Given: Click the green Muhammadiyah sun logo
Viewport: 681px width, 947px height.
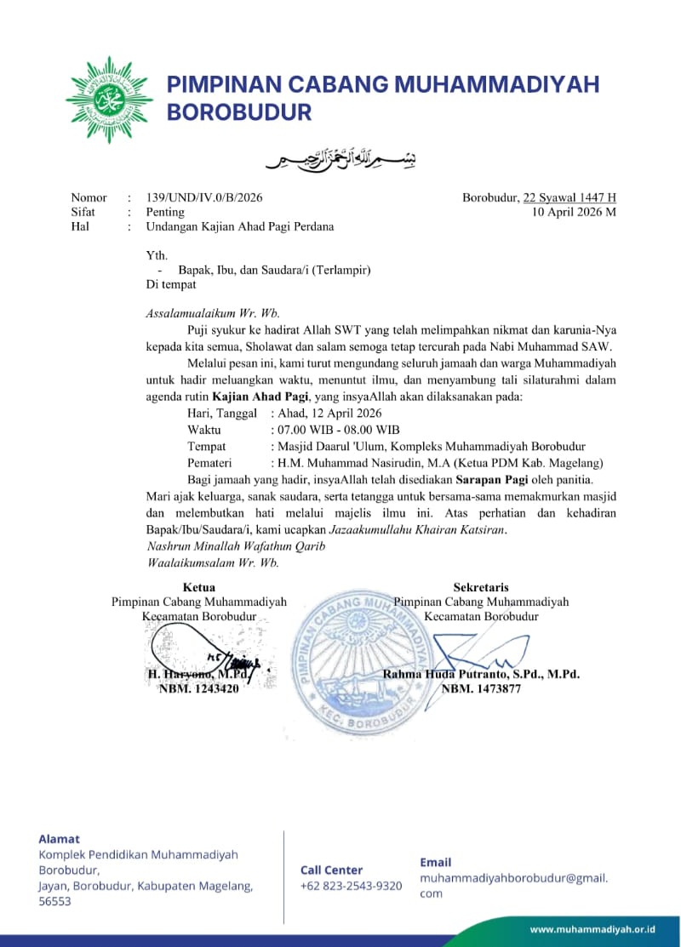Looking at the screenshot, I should point(109,100).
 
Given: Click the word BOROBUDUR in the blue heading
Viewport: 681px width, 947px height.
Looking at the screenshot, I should point(239,112).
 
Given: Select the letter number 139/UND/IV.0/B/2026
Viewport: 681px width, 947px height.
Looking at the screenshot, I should point(204,197).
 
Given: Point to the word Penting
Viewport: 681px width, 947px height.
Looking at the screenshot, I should point(165,212).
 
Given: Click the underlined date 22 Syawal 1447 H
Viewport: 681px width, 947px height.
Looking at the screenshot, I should point(569,197).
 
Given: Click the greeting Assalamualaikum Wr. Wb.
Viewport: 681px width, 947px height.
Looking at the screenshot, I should point(213,313).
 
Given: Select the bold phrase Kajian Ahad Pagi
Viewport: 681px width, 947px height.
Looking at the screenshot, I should point(261,396).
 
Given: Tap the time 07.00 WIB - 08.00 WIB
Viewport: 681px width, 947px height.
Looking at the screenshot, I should point(335,430).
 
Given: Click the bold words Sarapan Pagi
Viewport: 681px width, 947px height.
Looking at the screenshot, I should point(495,480).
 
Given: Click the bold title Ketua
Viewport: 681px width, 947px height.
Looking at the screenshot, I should point(199,587).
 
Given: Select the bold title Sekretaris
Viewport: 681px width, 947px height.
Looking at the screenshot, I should point(481,587).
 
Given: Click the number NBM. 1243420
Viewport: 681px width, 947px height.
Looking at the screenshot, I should point(199,689).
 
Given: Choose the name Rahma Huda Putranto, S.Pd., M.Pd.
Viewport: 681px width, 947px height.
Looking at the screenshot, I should point(481,674).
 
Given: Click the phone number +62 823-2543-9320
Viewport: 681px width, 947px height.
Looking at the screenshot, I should point(351,886).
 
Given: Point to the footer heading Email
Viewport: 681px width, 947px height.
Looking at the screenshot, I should point(436,862).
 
